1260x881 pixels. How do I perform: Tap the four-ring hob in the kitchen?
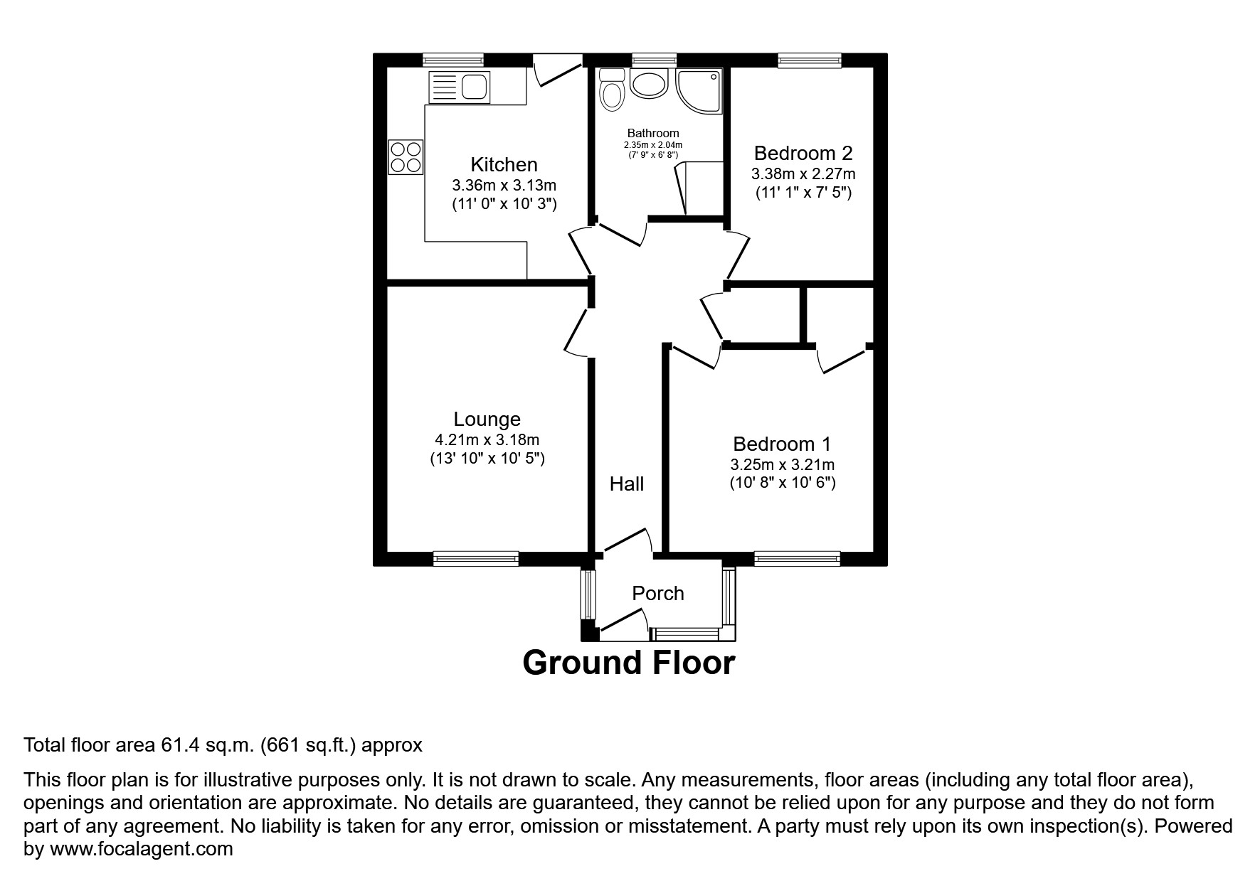[x=406, y=157]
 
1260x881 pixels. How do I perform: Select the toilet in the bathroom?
[x=611, y=90]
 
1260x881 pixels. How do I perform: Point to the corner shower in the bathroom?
[x=699, y=91]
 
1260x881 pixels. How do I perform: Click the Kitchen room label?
[x=504, y=165]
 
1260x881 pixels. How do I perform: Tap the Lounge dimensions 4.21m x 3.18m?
[x=487, y=440]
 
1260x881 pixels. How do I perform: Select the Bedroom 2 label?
[x=803, y=154]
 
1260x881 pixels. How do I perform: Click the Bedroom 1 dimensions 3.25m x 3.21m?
[x=782, y=465]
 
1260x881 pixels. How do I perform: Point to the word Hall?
[x=626, y=484]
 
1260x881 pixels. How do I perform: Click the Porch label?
[x=658, y=594]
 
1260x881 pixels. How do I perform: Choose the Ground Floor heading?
[x=628, y=663]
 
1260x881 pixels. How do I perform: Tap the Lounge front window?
[x=476, y=559]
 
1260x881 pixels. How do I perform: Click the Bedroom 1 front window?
[x=797, y=559]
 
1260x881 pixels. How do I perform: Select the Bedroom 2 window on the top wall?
[x=810, y=60]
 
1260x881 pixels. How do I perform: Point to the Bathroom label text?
[x=652, y=133]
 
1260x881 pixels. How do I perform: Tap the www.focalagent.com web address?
[x=141, y=849]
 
